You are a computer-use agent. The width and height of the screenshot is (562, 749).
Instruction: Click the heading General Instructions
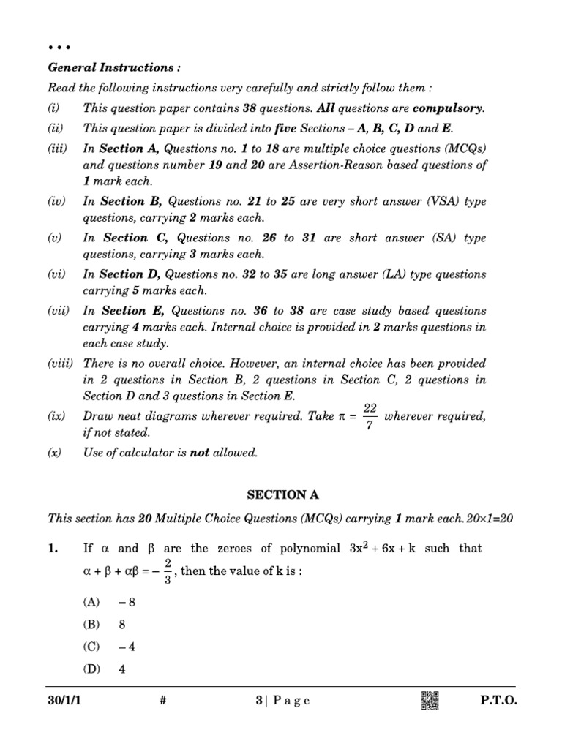[x=113, y=67]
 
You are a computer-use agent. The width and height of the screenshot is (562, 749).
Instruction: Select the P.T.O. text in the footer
[x=498, y=701]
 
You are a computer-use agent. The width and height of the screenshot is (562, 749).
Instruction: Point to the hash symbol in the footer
[x=163, y=701]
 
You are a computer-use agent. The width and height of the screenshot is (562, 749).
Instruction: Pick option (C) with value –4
[x=110, y=647]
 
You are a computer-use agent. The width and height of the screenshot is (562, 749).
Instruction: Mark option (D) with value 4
[x=106, y=669]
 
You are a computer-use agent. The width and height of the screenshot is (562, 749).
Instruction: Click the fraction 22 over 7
[x=369, y=417]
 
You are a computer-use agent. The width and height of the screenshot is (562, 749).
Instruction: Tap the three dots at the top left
[x=59, y=47]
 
